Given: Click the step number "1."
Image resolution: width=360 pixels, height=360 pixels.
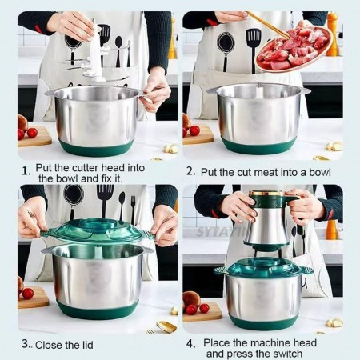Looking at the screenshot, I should pyautogui.click(x=26, y=170).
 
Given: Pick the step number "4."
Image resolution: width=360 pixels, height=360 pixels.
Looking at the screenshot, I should pyautogui.click(x=191, y=343).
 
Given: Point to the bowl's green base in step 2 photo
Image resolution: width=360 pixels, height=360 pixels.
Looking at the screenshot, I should pyautogui.click(x=258, y=146).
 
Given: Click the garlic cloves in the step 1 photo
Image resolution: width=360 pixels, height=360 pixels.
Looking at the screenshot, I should pyautogui.click(x=170, y=148).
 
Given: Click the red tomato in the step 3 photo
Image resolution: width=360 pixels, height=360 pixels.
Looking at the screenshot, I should pyautogui.click(x=28, y=293).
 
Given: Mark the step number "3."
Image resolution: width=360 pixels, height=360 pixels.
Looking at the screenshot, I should pyautogui.click(x=26, y=343).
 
